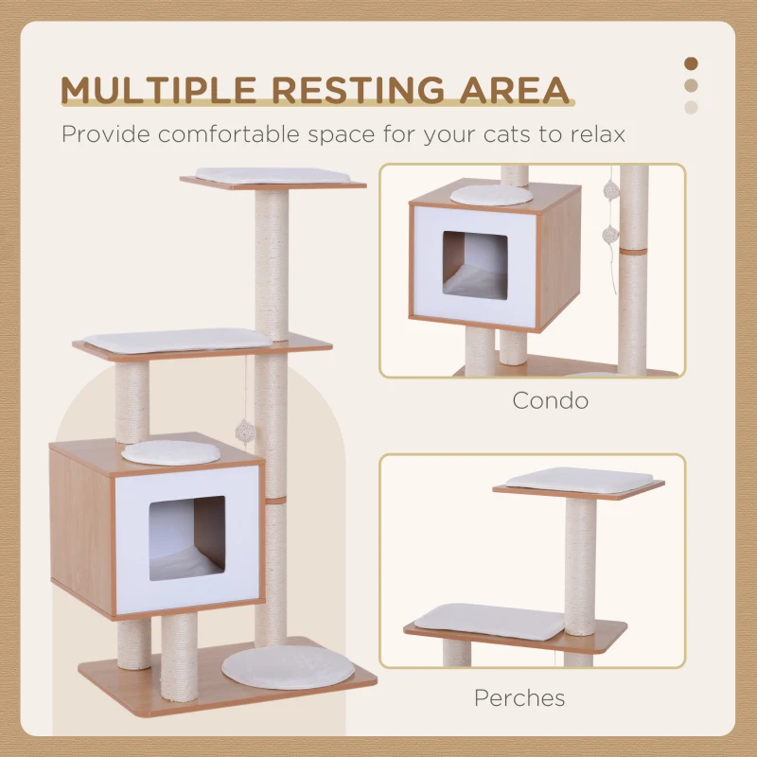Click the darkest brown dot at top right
691,63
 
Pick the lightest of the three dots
691,107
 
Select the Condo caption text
550,400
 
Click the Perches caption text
519,698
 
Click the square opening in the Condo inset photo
475,264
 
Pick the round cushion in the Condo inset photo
491,195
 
